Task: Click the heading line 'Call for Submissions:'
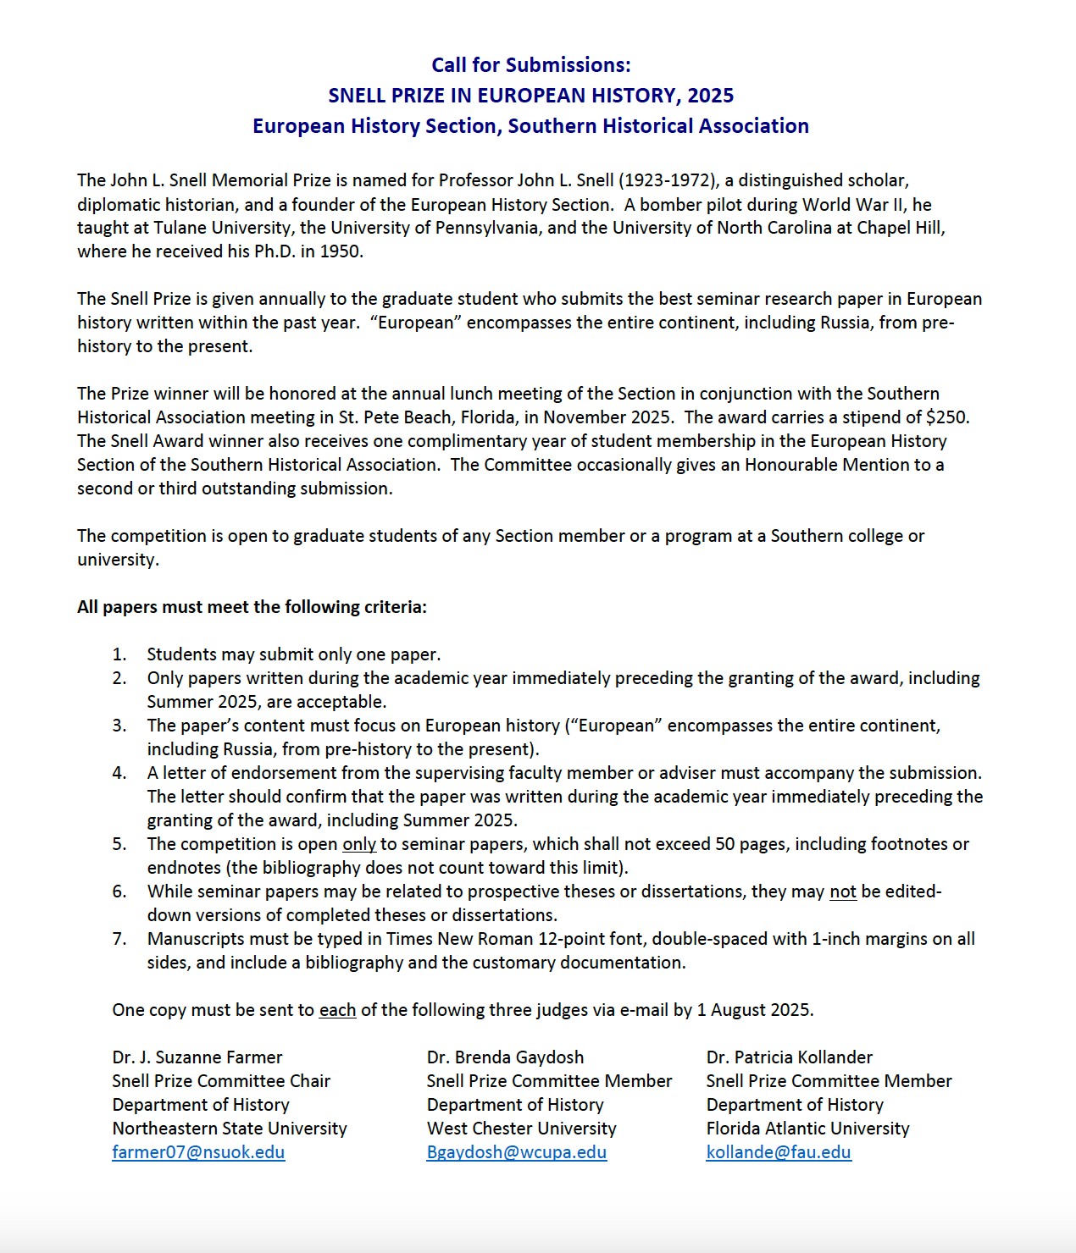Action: tap(530, 65)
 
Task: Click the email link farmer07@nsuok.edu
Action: tap(198, 1152)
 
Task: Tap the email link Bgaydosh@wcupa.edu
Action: tap(516, 1152)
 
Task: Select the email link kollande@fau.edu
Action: tap(778, 1152)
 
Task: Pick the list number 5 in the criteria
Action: tap(119, 844)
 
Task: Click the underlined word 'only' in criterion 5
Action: tap(358, 844)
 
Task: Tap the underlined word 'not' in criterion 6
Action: tap(842, 891)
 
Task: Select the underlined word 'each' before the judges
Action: tap(337, 1010)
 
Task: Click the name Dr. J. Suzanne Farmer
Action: tap(197, 1057)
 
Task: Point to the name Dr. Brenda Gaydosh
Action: tap(505, 1057)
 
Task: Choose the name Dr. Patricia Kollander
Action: tap(789, 1057)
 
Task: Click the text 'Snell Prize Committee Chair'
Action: tap(220, 1081)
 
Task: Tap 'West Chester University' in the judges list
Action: tap(521, 1129)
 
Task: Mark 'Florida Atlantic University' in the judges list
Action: tap(807, 1129)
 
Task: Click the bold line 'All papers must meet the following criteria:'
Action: tap(252, 607)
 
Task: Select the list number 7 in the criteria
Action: tap(119, 939)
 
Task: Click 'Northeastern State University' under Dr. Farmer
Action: tap(229, 1129)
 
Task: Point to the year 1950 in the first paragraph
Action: tap(341, 251)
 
